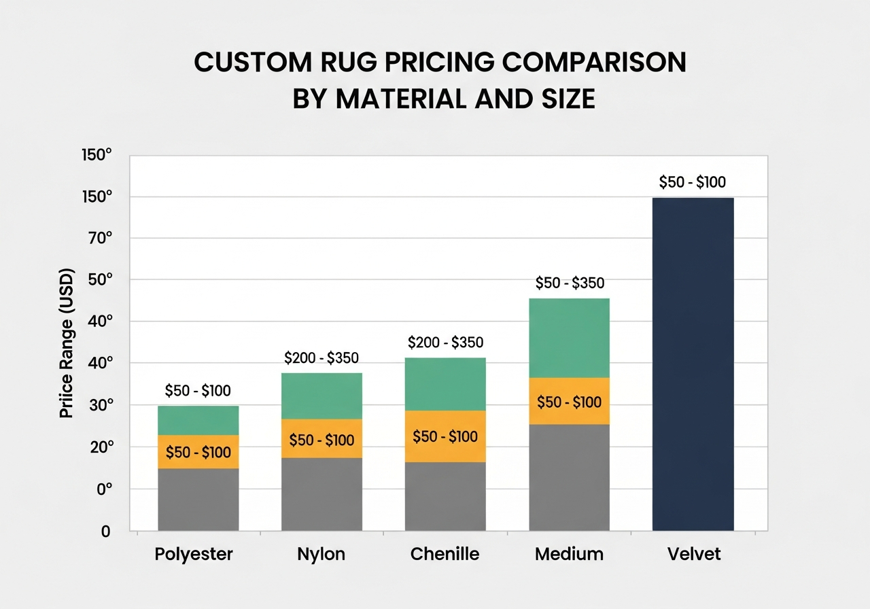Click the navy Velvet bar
click(693, 364)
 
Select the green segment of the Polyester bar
click(198, 420)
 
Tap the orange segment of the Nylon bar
click(321, 439)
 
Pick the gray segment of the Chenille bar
click(445, 496)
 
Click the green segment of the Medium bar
click(569, 338)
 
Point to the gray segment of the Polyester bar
click(198, 500)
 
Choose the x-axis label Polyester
click(194, 554)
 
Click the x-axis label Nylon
click(321, 554)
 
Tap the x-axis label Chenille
click(445, 554)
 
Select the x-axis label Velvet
click(693, 554)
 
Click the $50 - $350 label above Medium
click(570, 283)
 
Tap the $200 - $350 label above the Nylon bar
click(321, 358)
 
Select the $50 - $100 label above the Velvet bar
click(693, 182)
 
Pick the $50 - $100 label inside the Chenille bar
click(445, 436)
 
